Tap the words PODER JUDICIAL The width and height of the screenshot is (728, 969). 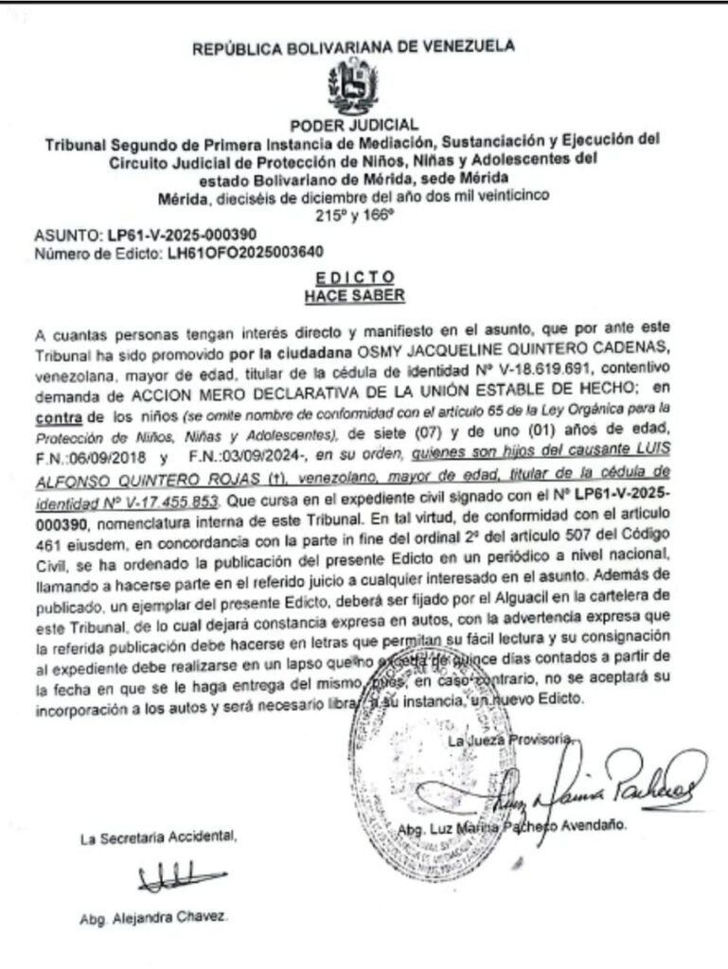354,125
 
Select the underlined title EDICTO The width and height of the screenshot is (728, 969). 354,277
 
